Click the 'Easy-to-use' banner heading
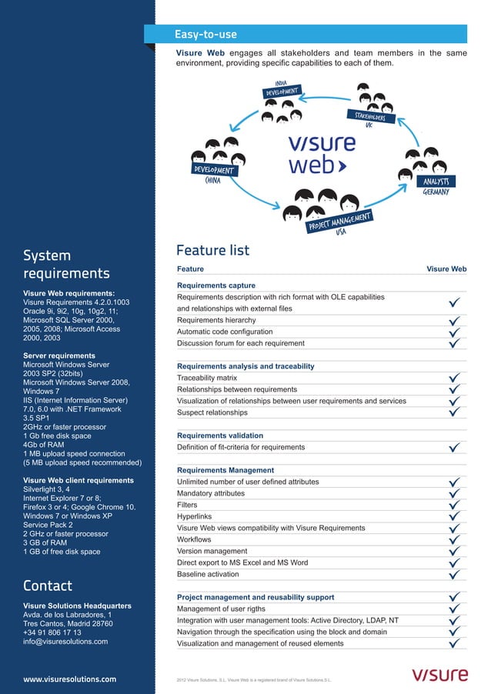(205, 35)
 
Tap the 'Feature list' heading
(212, 251)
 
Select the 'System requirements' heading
(66, 264)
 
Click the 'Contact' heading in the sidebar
(48, 586)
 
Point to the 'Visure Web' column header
(446, 269)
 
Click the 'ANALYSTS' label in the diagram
(435, 182)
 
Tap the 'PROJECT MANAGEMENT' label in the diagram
(339, 220)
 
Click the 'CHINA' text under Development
(213, 182)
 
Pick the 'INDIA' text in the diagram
(281, 83)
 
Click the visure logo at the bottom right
(439, 676)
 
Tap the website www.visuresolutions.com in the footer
(70, 679)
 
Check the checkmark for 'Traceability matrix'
(455, 379)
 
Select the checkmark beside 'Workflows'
(455, 540)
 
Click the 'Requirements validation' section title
(219, 435)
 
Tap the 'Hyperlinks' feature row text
(195, 517)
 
